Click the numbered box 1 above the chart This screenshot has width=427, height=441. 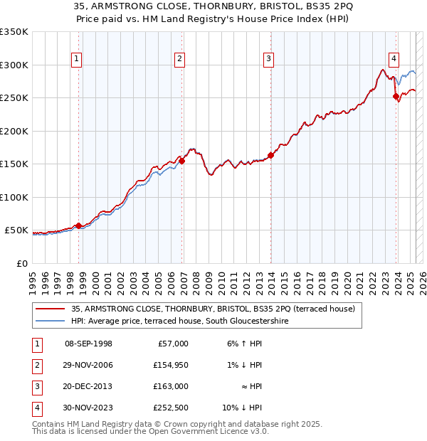click(76, 59)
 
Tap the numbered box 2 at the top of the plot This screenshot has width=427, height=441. click(180, 59)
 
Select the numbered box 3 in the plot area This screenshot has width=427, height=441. click(269, 59)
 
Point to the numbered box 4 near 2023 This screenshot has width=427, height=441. click(394, 59)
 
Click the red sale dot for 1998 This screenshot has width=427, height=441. click(78, 225)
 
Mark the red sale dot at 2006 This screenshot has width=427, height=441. click(182, 161)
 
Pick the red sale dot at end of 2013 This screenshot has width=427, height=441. click(271, 155)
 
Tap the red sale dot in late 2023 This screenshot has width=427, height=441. click(396, 96)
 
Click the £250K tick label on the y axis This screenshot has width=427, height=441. click(14, 98)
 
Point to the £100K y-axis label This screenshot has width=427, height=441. click(14, 197)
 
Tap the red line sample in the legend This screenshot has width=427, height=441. click(51, 309)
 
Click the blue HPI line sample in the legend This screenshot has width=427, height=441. click(51, 321)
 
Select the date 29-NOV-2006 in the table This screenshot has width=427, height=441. click(89, 365)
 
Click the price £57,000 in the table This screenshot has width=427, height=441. click(172, 344)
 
